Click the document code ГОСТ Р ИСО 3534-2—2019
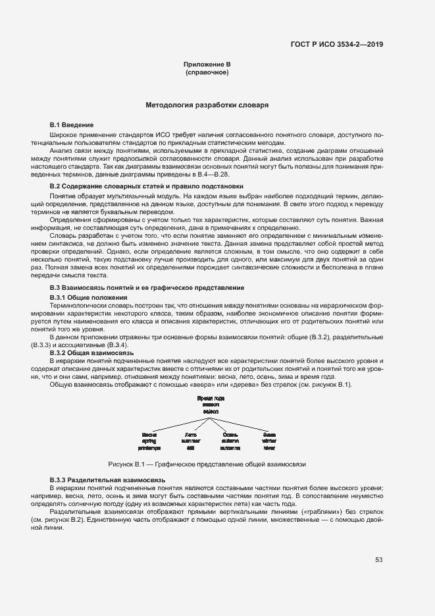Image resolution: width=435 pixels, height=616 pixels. tap(337, 44)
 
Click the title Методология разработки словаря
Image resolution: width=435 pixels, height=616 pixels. tap(207, 105)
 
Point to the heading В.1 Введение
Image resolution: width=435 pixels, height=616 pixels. tap(72, 125)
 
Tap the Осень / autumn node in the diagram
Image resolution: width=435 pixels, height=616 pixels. tap(230, 441)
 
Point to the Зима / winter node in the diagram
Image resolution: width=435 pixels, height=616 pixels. tap(269, 441)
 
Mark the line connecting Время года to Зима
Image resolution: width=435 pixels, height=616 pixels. tap(243, 422)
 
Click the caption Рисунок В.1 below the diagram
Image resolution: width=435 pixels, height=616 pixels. tap(207, 464)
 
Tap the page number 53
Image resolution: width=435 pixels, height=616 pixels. tap(379, 560)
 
